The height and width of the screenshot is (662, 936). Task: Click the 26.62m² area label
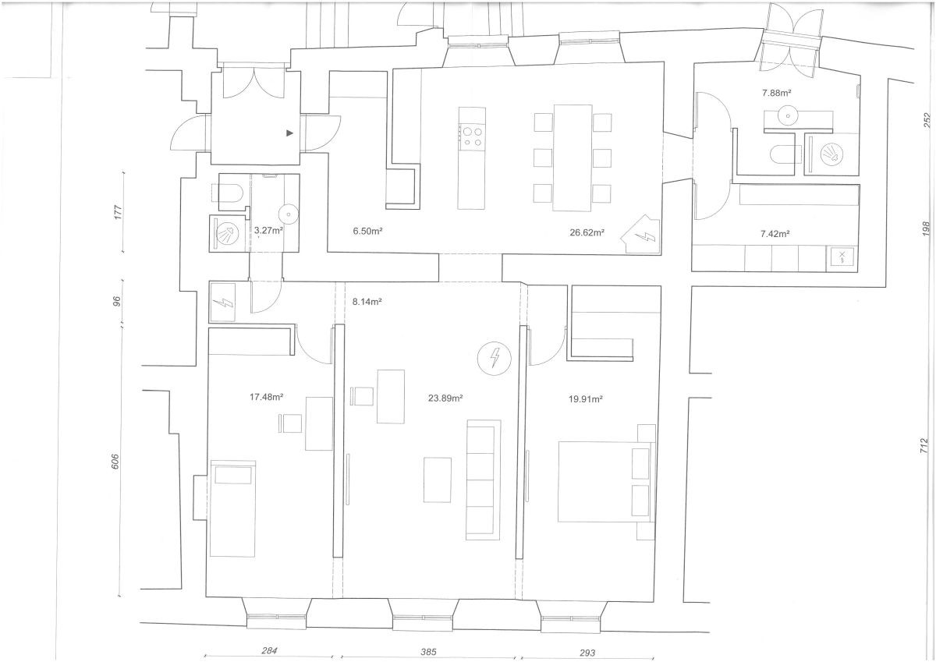pyautogui.click(x=587, y=232)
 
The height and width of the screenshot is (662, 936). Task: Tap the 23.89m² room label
pyautogui.click(x=445, y=398)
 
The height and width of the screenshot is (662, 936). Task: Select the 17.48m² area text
pyautogui.click(x=267, y=397)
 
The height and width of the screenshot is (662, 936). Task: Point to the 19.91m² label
pyautogui.click(x=586, y=399)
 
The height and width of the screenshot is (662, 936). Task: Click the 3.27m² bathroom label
pyautogui.click(x=268, y=230)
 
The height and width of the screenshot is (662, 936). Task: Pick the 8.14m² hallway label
pyautogui.click(x=367, y=301)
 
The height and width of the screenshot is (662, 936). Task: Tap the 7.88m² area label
pyautogui.click(x=777, y=93)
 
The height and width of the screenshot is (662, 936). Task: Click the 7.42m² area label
pyautogui.click(x=775, y=234)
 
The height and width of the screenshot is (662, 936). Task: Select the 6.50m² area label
pyautogui.click(x=367, y=231)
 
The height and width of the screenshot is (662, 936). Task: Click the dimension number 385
pyautogui.click(x=428, y=652)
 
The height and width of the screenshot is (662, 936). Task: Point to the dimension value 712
pyautogui.click(x=924, y=446)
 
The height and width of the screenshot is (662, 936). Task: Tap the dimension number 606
pyautogui.click(x=115, y=461)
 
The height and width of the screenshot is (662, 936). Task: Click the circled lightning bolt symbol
pyautogui.click(x=495, y=358)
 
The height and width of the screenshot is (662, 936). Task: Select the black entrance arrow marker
pyautogui.click(x=289, y=133)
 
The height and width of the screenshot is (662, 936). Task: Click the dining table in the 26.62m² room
pyautogui.click(x=573, y=158)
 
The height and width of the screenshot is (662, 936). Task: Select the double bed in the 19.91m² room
pyautogui.click(x=607, y=481)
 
